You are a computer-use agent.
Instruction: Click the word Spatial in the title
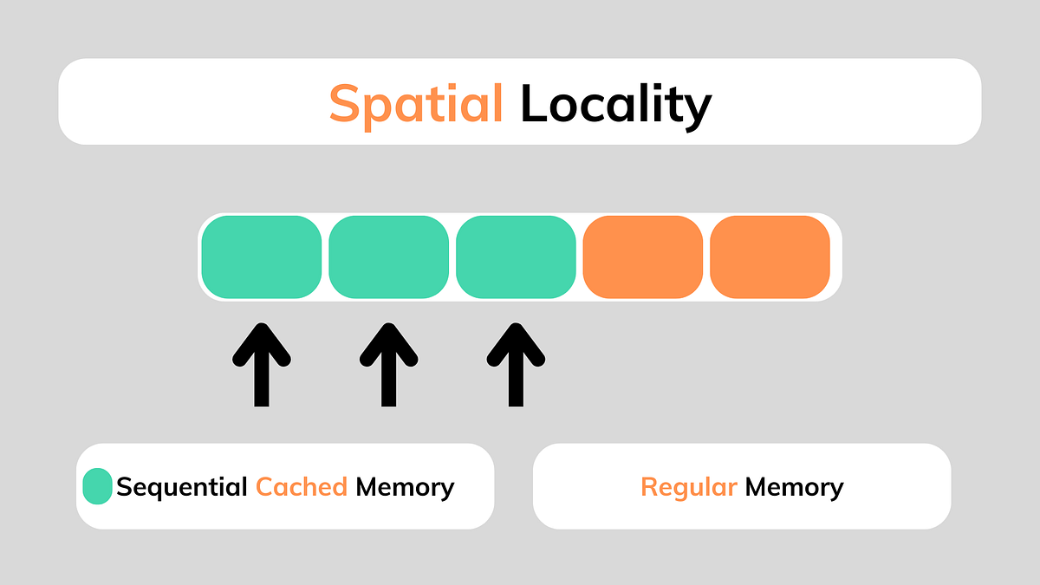[416, 104]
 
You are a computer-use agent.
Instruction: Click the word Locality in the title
[615, 104]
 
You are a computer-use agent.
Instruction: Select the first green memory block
[262, 257]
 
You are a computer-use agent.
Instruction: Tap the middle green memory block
[388, 257]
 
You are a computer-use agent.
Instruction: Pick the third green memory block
[516, 257]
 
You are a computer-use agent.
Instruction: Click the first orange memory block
[642, 257]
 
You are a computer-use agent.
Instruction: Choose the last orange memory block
[770, 257]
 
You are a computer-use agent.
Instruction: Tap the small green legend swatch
[97, 486]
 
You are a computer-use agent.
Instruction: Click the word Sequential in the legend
[182, 487]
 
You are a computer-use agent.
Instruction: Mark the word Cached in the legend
[302, 487]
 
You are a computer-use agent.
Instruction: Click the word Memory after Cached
[405, 487]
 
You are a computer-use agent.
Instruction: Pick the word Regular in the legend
[689, 487]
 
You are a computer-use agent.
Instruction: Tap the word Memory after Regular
[794, 487]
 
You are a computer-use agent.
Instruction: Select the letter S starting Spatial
[345, 104]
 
